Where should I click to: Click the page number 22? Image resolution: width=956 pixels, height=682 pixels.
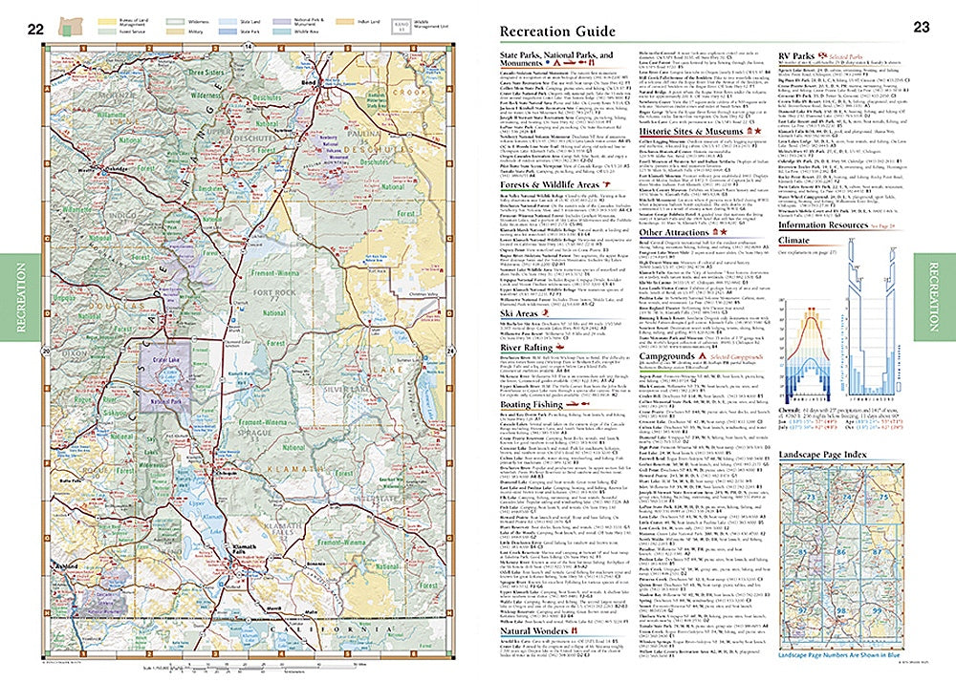click(x=35, y=29)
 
